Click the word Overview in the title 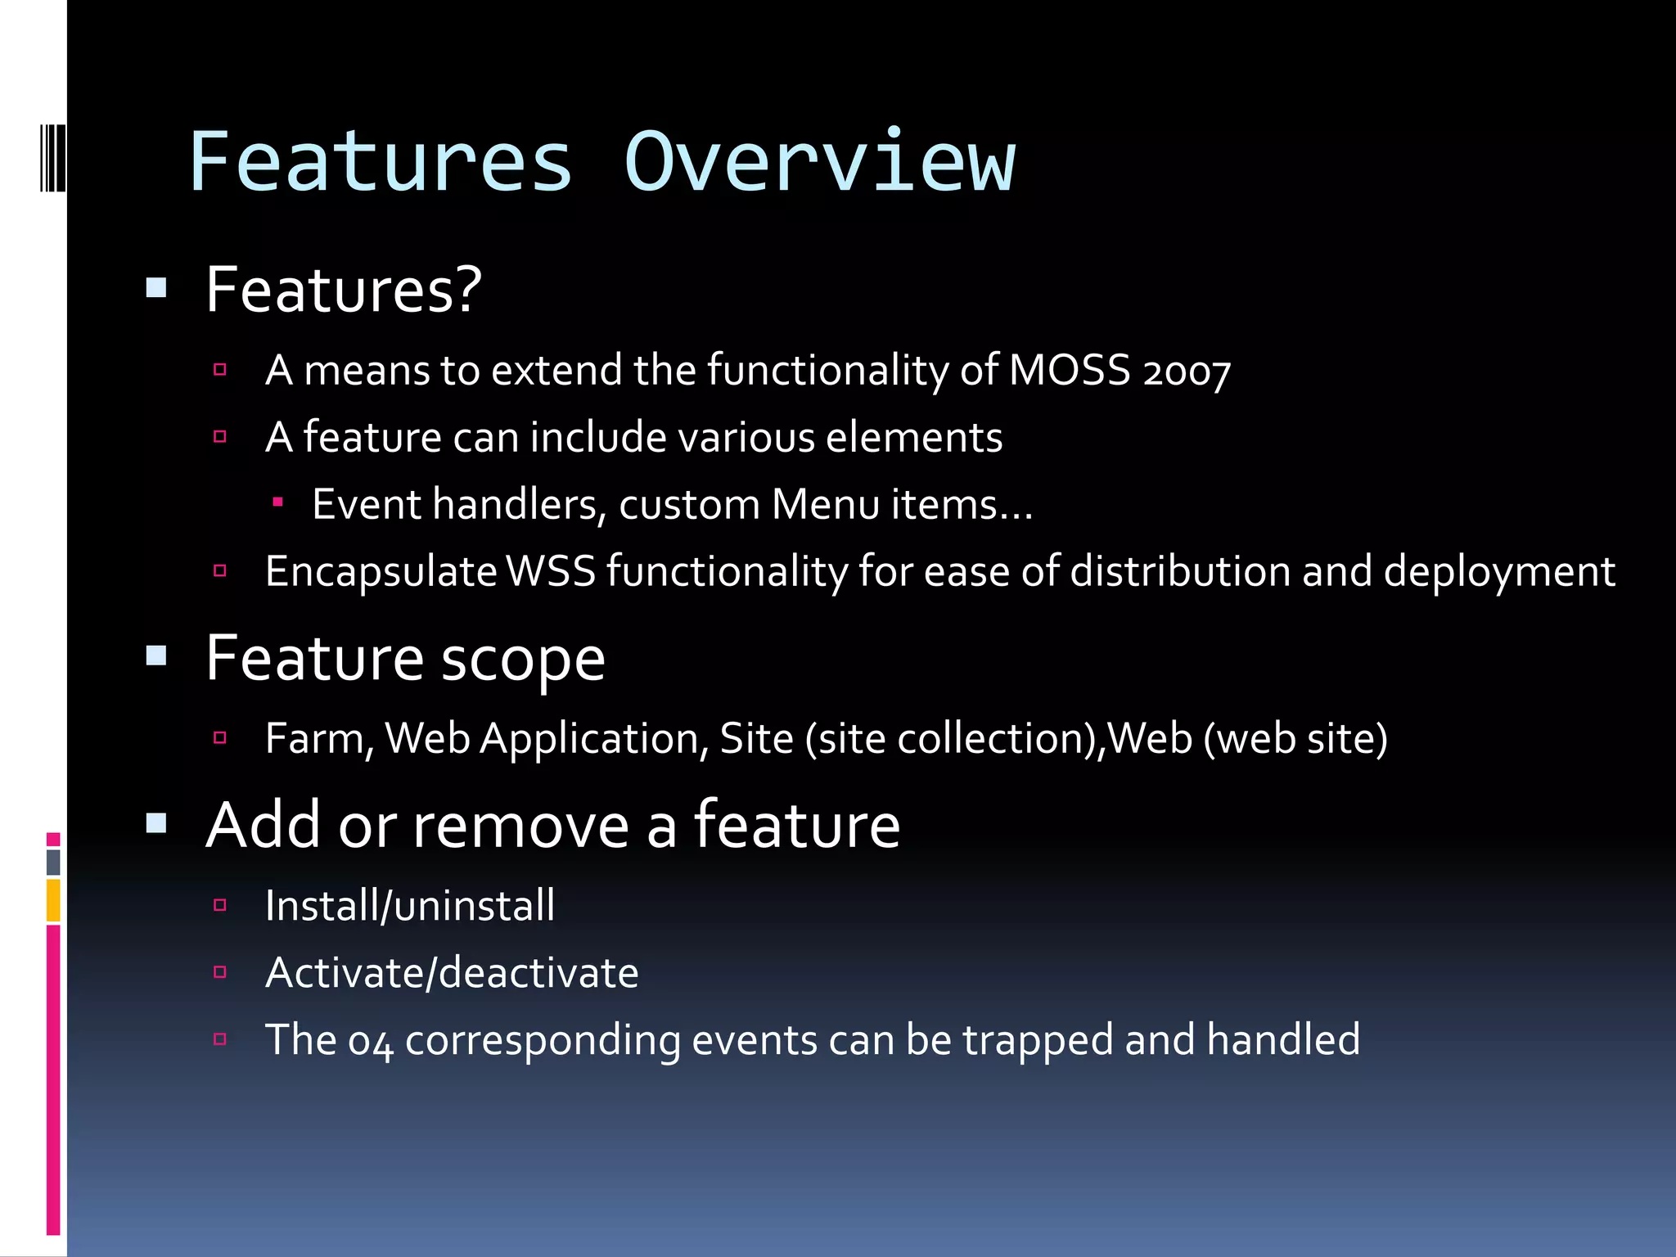pos(819,163)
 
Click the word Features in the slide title pos(381,163)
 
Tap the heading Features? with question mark pos(344,290)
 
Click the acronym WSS pos(551,571)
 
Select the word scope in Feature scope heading pos(523,660)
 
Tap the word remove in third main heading pos(520,826)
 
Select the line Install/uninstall pos(409,906)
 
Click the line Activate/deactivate pos(452,973)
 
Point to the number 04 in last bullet pos(370,1042)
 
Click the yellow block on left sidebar pos(53,900)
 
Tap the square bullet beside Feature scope pos(156,656)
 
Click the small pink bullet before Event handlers pos(278,502)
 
